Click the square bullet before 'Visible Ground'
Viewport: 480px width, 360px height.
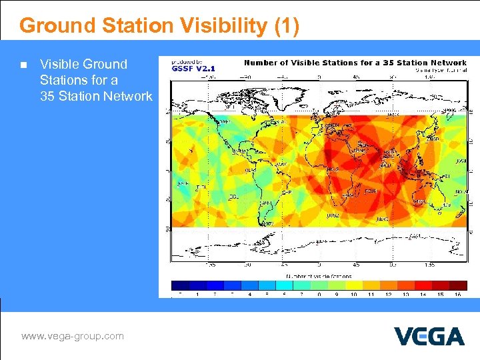tap(23, 65)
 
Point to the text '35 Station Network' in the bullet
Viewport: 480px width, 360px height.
tap(96, 96)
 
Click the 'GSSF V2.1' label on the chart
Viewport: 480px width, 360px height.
tap(194, 68)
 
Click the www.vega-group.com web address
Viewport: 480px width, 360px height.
tap(73, 336)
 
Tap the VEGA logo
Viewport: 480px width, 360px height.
tap(429, 336)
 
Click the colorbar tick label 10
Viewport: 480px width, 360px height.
tap(353, 294)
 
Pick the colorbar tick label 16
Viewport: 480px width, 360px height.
tap(457, 294)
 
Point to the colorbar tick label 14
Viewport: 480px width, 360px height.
tap(423, 294)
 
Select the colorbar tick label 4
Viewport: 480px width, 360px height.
tap(249, 294)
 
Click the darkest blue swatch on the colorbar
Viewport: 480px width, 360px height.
tap(180, 285)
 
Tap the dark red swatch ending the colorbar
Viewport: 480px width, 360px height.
tap(458, 285)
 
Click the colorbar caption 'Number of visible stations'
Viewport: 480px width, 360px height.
tap(318, 275)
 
